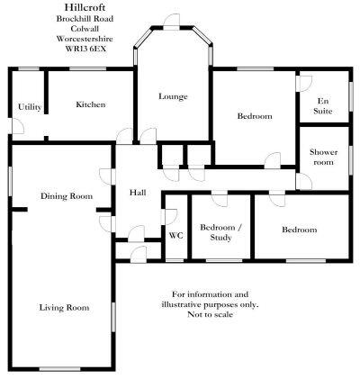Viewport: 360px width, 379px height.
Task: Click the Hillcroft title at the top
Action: (85, 7)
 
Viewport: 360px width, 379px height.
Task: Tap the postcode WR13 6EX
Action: (85, 49)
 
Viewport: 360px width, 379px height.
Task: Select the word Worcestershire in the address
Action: (85, 39)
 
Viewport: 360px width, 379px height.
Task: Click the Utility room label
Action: (30, 107)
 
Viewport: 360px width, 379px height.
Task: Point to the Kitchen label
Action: (91, 104)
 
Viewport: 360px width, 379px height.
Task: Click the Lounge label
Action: (173, 96)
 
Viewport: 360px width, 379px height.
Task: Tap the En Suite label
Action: (323, 106)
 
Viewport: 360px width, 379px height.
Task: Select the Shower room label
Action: (323, 157)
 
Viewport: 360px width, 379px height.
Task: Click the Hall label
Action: (138, 192)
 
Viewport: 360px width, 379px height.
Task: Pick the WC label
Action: (175, 236)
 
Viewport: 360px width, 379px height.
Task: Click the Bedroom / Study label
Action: (220, 232)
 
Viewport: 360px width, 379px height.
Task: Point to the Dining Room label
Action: (67, 196)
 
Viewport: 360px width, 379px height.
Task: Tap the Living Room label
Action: (64, 308)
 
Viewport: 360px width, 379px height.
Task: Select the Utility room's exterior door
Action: (17, 126)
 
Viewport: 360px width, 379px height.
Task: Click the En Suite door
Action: (303, 84)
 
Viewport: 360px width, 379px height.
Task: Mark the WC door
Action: (168, 217)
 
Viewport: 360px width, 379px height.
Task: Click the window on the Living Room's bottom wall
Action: (60, 369)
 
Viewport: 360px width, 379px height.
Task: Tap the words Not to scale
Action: (210, 314)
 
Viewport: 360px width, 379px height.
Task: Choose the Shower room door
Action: (303, 182)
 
